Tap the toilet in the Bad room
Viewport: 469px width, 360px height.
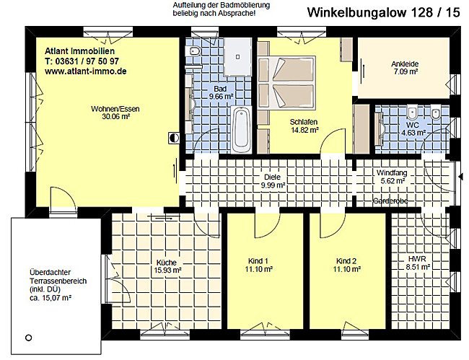click(x=193, y=51)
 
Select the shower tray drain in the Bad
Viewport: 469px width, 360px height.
click(x=238, y=56)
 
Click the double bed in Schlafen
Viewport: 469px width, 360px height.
click(x=286, y=82)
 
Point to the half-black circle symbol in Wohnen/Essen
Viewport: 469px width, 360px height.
click(x=174, y=138)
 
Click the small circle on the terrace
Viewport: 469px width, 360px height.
click(x=29, y=338)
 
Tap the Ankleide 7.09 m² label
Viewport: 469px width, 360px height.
click(x=405, y=68)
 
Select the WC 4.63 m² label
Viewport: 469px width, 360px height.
click(x=413, y=129)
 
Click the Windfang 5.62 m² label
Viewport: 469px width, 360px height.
click(x=392, y=177)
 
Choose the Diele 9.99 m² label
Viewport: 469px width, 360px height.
click(x=273, y=181)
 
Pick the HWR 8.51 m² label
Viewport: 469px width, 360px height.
click(x=418, y=263)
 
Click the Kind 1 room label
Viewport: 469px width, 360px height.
click(x=258, y=265)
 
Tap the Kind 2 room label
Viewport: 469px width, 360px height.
click(x=346, y=265)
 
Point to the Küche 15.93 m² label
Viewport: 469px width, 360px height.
click(x=167, y=266)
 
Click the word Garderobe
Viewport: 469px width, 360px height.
click(x=390, y=201)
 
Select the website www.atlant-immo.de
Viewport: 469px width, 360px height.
click(x=85, y=71)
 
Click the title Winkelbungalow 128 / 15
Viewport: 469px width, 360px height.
click(x=383, y=12)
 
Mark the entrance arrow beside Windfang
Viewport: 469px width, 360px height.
click(x=461, y=177)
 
